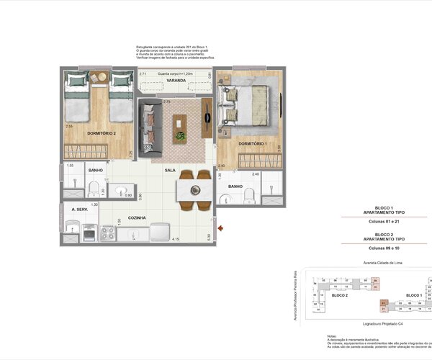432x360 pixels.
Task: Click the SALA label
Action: (x=170, y=171)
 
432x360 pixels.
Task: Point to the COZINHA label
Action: (x=137, y=217)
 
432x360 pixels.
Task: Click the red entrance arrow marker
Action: (x=220, y=228)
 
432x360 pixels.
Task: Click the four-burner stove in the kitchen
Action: (x=108, y=233)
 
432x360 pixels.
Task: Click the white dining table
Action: (x=194, y=189)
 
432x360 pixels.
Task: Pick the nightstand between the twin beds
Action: (x=100, y=77)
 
